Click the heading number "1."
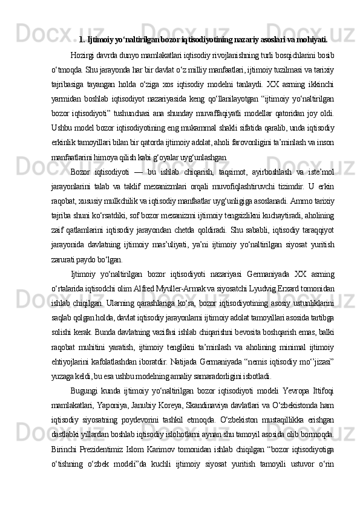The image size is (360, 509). [x=82, y=41]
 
